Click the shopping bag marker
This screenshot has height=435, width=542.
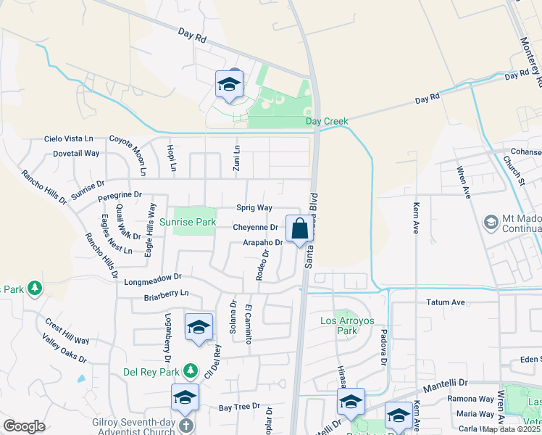click(x=299, y=229)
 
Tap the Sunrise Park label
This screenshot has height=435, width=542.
click(x=188, y=222)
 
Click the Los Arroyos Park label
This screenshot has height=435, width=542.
click(x=341, y=325)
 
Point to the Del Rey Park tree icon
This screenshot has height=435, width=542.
click(x=191, y=370)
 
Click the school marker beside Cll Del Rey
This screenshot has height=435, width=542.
click(x=198, y=328)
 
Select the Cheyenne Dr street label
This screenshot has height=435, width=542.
click(x=256, y=227)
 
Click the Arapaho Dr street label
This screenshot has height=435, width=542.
click(x=262, y=242)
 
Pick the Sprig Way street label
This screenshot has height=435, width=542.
click(x=254, y=207)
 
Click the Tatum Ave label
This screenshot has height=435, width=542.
click(x=445, y=302)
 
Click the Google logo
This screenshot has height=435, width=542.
click(x=24, y=426)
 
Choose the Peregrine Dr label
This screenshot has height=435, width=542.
click(x=120, y=195)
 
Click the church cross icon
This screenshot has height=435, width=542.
click(x=185, y=426)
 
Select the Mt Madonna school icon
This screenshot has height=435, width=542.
click(x=491, y=220)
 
